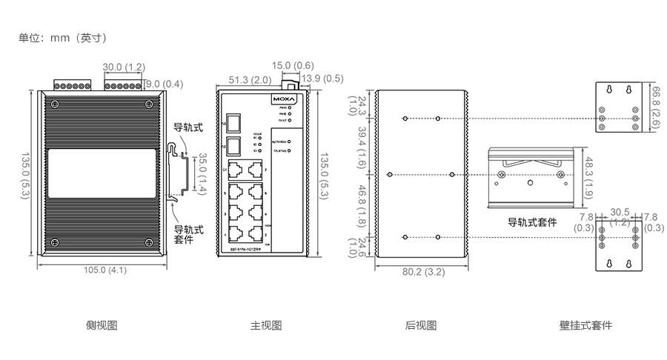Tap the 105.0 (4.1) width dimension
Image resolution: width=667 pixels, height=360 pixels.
pyautogui.click(x=104, y=270)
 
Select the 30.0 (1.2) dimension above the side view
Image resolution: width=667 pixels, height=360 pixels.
pyautogui.click(x=124, y=67)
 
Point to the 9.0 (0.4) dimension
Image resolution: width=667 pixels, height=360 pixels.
pyautogui.click(x=163, y=83)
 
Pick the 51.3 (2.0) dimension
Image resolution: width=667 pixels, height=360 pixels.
pyautogui.click(x=249, y=79)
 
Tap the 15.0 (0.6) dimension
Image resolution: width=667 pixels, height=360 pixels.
pyautogui.click(x=293, y=65)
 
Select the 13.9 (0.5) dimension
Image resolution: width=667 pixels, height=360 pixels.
pyautogui.click(x=323, y=79)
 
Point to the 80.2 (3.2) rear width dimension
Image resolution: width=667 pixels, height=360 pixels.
pyautogui.click(x=423, y=272)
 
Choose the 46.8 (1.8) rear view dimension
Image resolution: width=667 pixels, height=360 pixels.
pyautogui.click(x=362, y=204)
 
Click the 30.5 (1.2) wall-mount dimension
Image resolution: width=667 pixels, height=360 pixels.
pyautogui.click(x=620, y=216)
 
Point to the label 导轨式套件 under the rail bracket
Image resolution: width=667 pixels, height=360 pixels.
pyautogui.click(x=532, y=222)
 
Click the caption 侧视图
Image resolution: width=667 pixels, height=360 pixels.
pyautogui.click(x=102, y=324)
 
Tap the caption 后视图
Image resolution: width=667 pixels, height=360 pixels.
pyautogui.click(x=421, y=324)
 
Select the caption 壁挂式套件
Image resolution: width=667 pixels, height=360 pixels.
pyautogui.click(x=586, y=324)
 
